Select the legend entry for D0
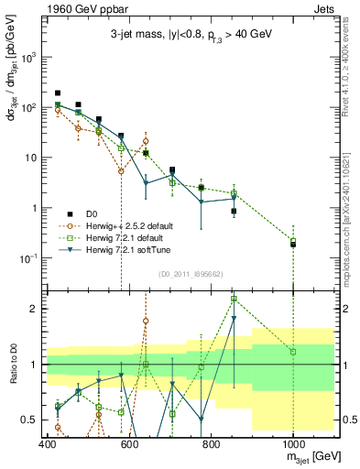pyautogui.click(x=92, y=213)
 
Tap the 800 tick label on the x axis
pyautogui.click(x=211, y=444)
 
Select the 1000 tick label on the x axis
pyautogui.click(x=292, y=444)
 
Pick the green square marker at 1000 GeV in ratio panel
pyautogui.click(x=293, y=352)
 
